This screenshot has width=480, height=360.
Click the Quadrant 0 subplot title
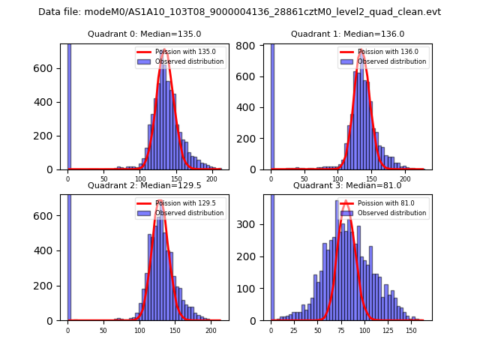coord(144,34)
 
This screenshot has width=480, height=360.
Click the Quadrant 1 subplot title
coord(347,34)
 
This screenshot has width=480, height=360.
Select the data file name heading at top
coord(240,12)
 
